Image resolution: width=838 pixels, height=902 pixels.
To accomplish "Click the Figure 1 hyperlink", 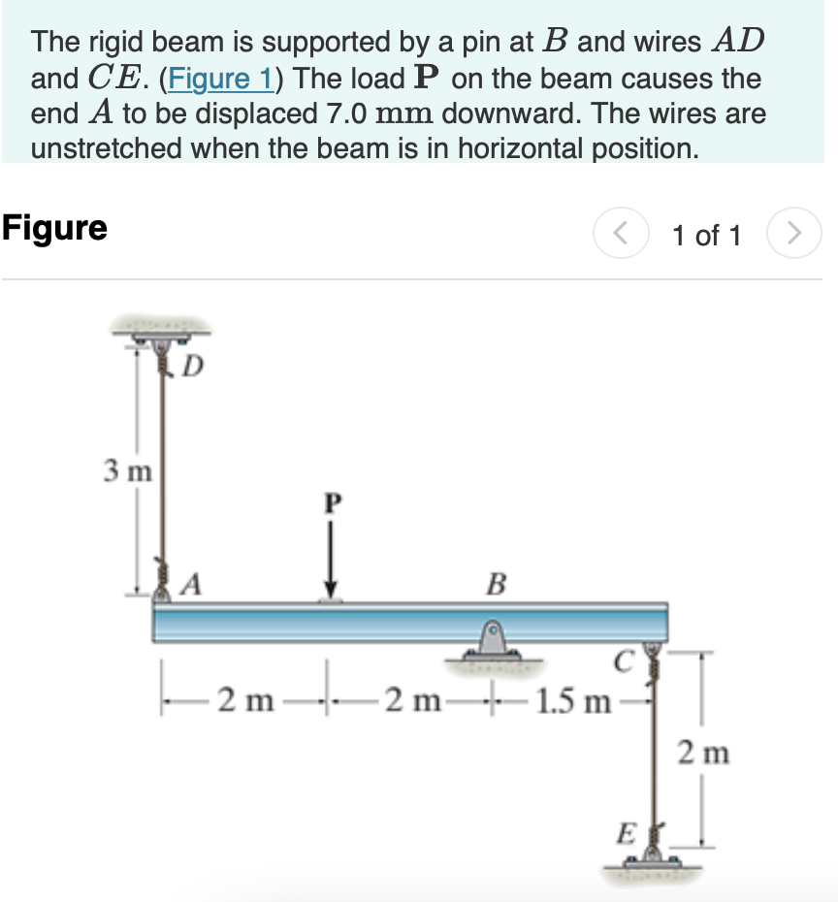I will click(x=218, y=79).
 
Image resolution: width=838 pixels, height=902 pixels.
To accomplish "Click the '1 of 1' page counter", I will click(x=707, y=235).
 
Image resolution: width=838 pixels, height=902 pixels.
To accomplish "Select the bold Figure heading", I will click(x=54, y=229).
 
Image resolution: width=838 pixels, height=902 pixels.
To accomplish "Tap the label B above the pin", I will click(x=497, y=584).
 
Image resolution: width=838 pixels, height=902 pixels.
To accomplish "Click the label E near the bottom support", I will click(x=627, y=832).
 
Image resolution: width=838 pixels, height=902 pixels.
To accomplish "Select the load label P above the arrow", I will click(x=333, y=503).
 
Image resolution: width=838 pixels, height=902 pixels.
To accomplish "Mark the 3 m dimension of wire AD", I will click(x=127, y=473).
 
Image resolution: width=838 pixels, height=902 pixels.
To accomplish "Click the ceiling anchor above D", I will click(x=162, y=333).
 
